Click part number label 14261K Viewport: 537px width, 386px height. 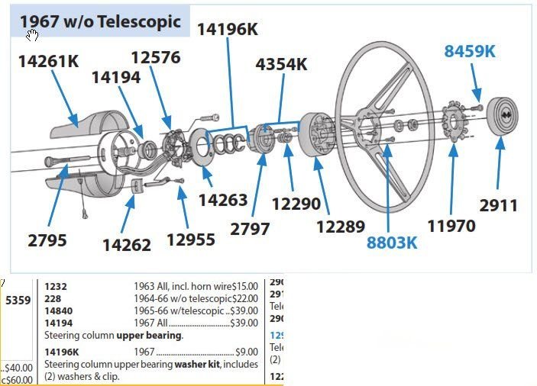(48, 61)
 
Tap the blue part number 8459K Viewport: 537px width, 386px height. (470, 51)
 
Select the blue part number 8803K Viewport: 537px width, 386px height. (393, 242)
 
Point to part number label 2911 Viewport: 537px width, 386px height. (499, 205)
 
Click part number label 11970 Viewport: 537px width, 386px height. (451, 225)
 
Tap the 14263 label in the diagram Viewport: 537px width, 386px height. (223, 200)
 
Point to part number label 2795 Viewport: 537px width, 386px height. (47, 240)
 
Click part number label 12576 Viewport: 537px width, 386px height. (155, 58)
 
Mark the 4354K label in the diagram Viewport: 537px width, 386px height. (281, 64)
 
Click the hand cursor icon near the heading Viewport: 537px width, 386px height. (32, 35)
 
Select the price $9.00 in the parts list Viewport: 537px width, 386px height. (245, 352)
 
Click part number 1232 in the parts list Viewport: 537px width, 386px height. (56, 286)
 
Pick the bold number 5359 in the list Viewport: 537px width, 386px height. (18, 300)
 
